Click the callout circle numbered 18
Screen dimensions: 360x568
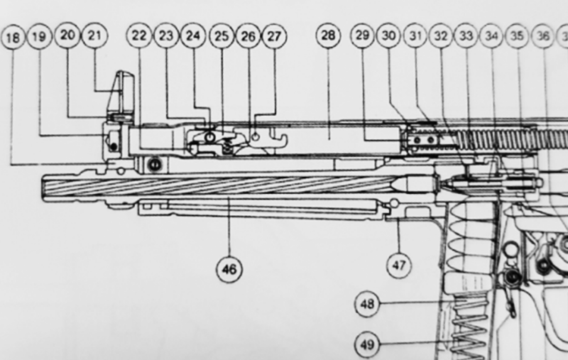point(12,38)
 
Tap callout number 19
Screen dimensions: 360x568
point(40,38)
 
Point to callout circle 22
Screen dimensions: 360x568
point(138,38)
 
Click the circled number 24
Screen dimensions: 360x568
point(192,38)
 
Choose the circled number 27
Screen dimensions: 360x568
point(273,38)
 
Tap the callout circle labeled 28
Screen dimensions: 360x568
point(329,38)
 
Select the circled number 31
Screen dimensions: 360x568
point(414,38)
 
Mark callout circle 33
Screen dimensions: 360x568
point(466,38)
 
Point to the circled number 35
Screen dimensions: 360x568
point(518,38)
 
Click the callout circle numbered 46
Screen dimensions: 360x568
point(231,268)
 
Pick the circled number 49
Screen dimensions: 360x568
point(368,346)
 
